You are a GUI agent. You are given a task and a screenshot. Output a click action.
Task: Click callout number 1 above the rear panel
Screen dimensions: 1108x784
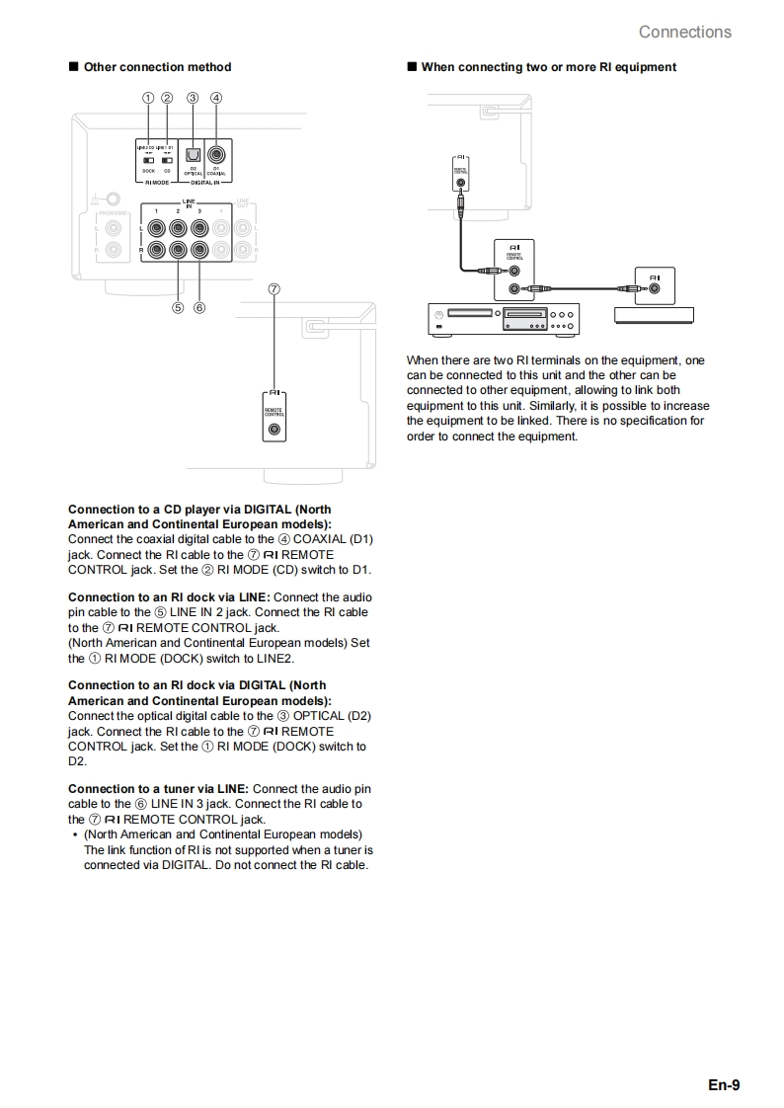tap(147, 98)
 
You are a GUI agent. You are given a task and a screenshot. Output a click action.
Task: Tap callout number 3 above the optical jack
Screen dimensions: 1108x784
tap(193, 98)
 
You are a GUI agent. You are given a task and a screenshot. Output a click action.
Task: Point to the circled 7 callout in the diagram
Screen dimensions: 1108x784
tap(274, 288)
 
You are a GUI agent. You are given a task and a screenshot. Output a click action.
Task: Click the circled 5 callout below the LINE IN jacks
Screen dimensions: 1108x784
tap(178, 307)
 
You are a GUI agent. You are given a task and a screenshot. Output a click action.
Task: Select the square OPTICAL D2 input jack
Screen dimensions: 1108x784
tap(194, 154)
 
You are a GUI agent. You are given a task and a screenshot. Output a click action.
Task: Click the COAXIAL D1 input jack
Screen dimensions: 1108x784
tap(216, 154)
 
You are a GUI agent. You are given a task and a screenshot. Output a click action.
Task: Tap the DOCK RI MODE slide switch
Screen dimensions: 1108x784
tap(148, 159)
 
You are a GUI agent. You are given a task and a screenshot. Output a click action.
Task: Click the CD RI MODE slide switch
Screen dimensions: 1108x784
tap(167, 159)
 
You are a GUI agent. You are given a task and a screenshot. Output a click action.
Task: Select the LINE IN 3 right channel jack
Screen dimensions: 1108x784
tap(199, 250)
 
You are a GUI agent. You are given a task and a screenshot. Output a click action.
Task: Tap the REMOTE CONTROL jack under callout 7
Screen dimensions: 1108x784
tap(274, 430)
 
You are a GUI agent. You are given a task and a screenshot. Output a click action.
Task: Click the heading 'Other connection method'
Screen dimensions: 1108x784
tap(157, 67)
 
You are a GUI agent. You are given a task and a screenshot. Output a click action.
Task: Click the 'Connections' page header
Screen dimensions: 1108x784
tap(684, 32)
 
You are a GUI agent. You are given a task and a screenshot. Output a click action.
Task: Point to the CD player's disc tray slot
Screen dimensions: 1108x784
tap(470, 313)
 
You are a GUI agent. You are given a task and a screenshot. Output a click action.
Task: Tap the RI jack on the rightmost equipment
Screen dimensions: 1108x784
tap(656, 289)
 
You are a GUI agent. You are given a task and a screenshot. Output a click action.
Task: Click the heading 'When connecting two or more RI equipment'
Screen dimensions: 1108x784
tap(548, 67)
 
